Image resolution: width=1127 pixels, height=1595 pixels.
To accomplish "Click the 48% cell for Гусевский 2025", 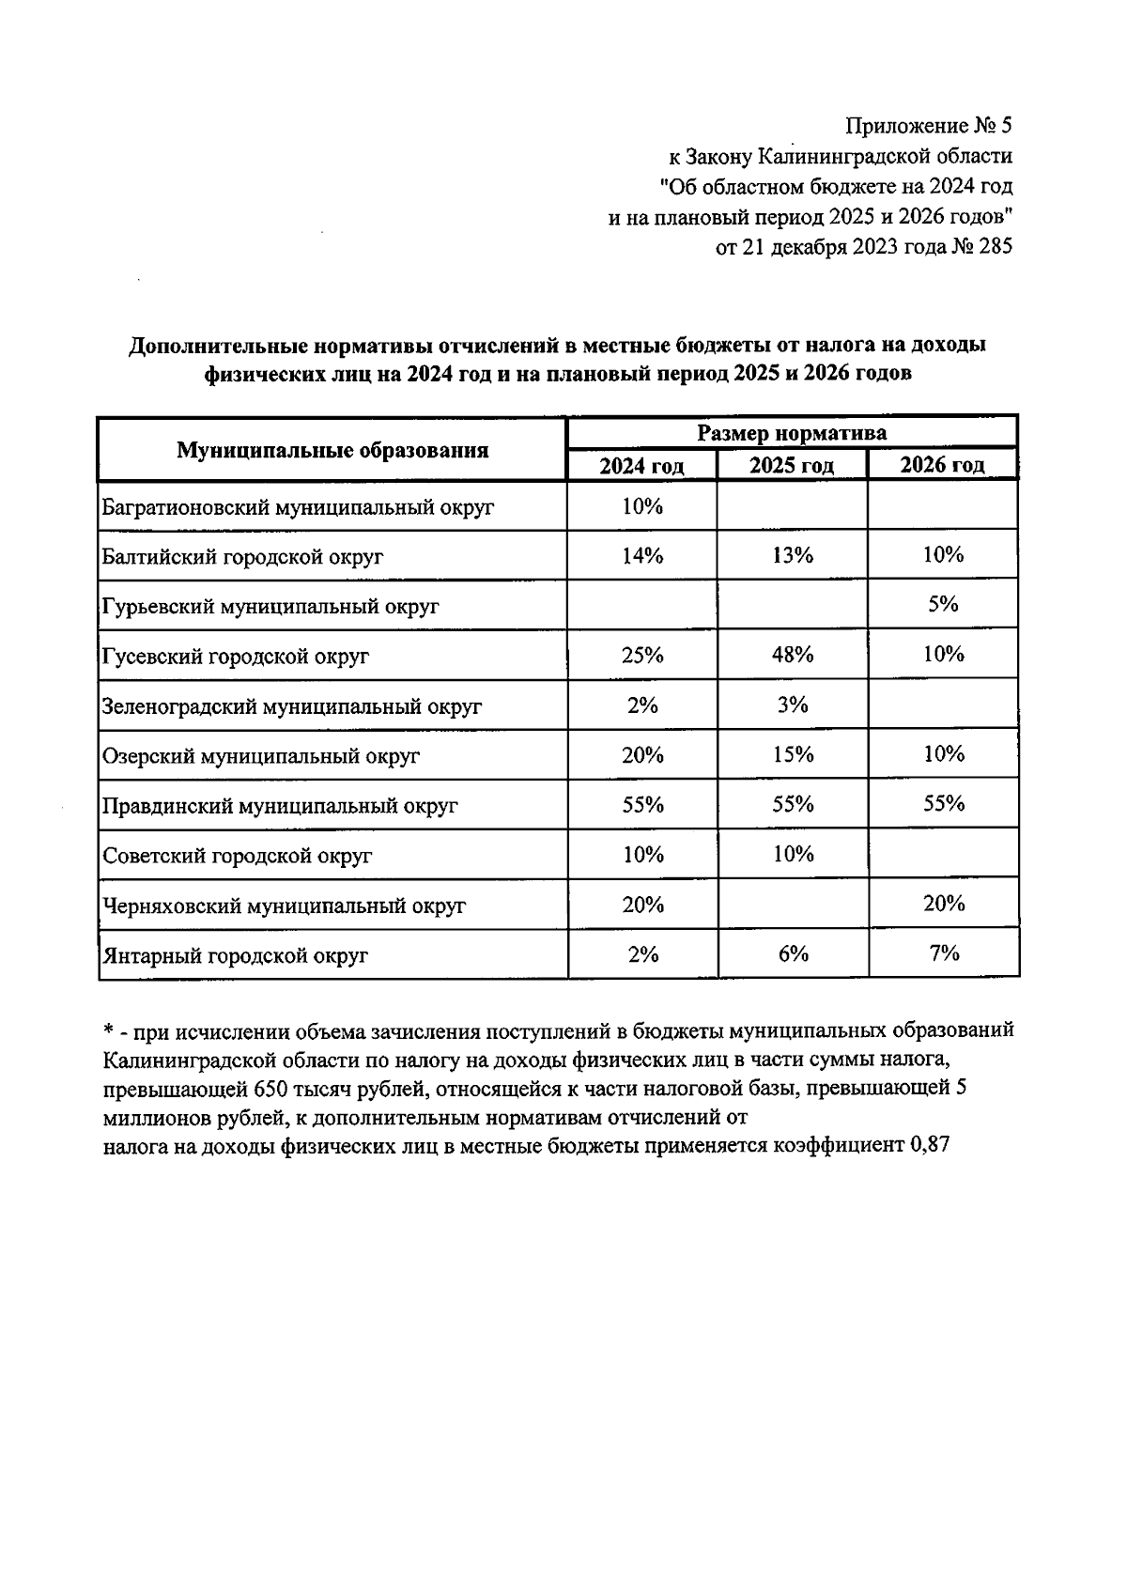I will (x=792, y=655).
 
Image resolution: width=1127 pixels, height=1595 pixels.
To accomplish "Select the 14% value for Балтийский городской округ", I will (x=642, y=555).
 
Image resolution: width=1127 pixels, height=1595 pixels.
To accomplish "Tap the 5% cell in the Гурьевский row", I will (x=943, y=604).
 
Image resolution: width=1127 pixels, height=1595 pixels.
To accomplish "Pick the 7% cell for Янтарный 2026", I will (x=943, y=953).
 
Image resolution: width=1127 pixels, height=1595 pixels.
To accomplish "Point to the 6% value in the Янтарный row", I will (x=792, y=953).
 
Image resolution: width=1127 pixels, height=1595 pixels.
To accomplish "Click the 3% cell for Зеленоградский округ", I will (x=792, y=705).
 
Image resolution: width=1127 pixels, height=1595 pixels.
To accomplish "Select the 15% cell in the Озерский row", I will (x=792, y=754).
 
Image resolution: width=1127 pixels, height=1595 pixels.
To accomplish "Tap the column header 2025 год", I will (x=792, y=466).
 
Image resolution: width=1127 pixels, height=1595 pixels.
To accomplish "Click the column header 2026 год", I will (x=942, y=465).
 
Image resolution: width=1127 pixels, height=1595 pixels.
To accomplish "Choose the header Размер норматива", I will (x=792, y=433).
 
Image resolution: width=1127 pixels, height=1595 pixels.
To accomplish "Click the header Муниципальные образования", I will (x=332, y=450).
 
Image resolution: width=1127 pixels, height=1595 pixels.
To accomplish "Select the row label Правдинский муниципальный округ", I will (x=279, y=806).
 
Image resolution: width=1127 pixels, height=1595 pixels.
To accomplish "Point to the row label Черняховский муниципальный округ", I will (x=284, y=906).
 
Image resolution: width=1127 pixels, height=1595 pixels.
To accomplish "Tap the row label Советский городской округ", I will (x=237, y=856).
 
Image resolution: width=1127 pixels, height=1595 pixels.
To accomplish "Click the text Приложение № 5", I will (x=929, y=126).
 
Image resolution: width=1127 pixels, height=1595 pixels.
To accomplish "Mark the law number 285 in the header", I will (x=994, y=248).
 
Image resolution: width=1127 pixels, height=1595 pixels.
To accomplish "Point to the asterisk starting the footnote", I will (x=108, y=1030).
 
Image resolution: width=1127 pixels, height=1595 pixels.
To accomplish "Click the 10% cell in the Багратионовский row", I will (x=642, y=506).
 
